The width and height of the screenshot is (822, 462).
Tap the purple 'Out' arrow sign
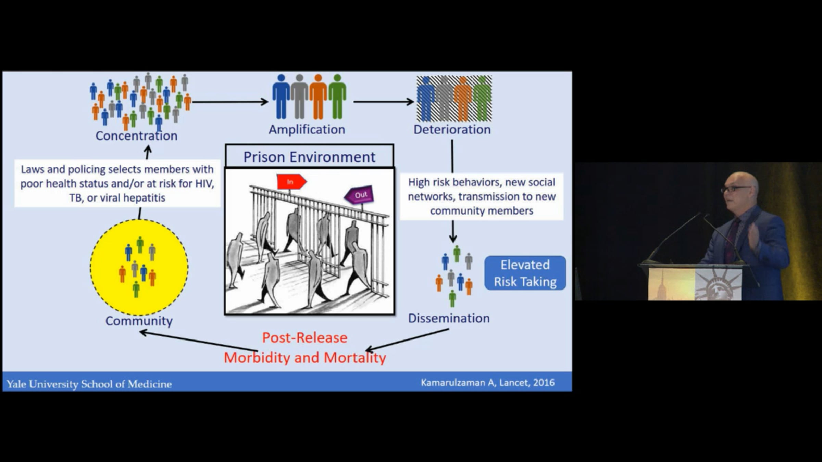359,195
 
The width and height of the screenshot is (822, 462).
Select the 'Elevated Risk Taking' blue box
525,273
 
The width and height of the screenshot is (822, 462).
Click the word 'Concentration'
136,136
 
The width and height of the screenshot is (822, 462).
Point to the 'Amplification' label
307,130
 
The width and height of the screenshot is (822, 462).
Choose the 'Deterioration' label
452,130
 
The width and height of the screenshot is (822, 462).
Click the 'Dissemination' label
449,318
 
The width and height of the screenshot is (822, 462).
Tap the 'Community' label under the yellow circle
139,321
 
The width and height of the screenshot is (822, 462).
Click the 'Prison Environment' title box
309,156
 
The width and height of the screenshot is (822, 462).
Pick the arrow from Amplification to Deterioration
384,102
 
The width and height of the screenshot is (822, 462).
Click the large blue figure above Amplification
281,97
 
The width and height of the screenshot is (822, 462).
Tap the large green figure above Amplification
337,97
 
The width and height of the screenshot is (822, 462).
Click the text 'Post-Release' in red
305,338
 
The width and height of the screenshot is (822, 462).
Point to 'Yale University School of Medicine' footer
89,384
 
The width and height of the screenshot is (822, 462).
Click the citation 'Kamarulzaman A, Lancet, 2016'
488,383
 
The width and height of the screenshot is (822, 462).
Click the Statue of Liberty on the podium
718,284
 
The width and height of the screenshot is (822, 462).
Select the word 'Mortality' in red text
355,358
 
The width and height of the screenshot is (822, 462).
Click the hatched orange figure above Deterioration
463,99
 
